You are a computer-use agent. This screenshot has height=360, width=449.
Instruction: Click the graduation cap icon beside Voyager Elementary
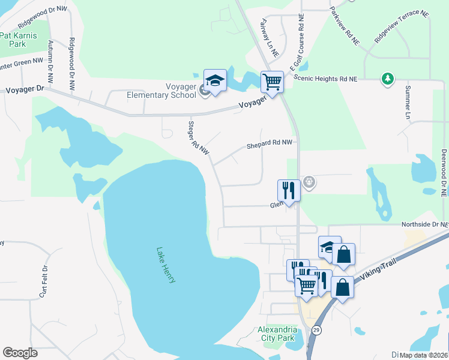215,80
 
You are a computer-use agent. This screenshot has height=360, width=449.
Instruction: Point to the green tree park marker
388,79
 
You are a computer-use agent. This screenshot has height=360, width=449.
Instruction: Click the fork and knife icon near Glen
288,190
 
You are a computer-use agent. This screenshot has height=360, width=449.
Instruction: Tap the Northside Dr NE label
424,224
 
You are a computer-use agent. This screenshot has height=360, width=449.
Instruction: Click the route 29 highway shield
316,330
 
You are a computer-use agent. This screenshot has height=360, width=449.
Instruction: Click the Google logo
20,353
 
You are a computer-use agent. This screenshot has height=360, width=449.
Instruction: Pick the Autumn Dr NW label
50,59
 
